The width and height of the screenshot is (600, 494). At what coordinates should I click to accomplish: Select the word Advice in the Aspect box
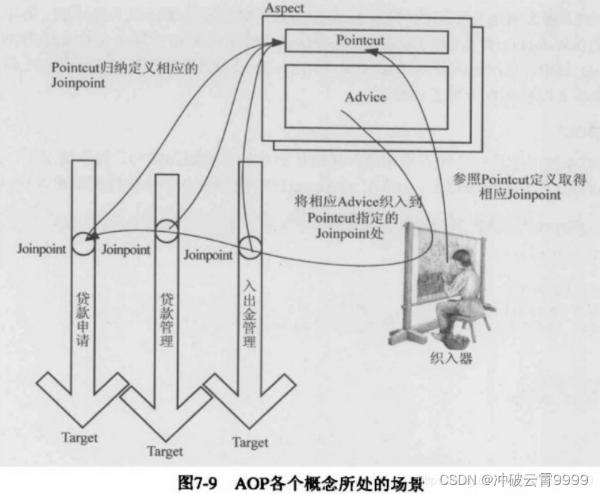(365, 97)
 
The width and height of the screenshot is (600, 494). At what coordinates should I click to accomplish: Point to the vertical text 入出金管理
(250, 314)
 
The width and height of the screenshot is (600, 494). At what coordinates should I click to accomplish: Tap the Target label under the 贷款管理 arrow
(165, 451)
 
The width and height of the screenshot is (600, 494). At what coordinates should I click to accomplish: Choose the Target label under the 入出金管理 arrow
(250, 442)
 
